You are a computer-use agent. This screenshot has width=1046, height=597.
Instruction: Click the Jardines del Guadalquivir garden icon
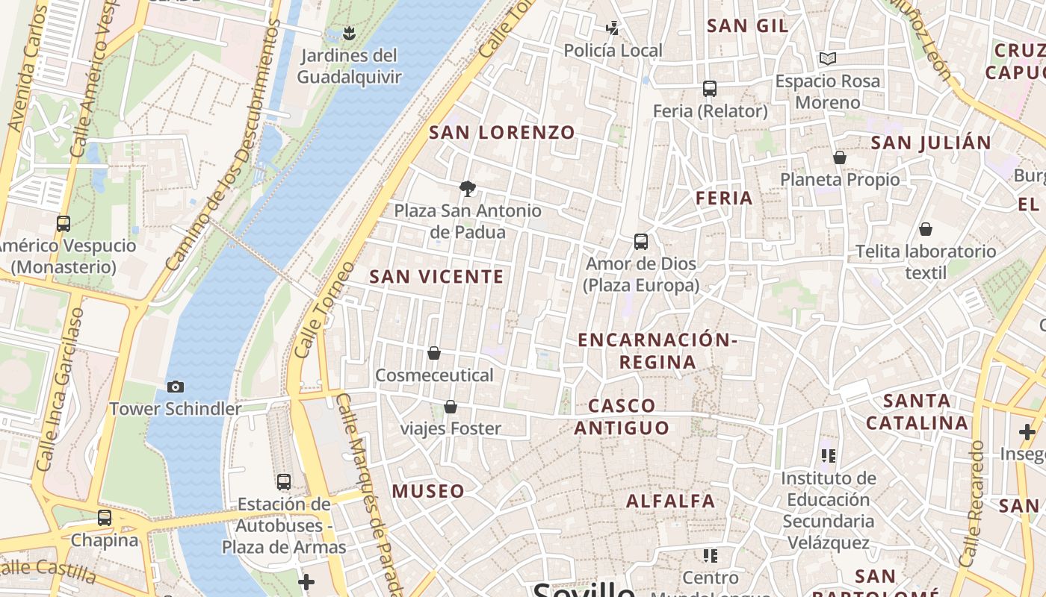point(348,33)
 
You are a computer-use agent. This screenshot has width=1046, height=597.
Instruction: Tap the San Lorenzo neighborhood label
point(502,133)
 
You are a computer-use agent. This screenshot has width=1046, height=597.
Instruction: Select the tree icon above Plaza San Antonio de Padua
point(468,188)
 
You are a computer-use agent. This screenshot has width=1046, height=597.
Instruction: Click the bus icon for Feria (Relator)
point(710,89)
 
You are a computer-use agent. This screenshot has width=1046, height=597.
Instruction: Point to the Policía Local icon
point(613,28)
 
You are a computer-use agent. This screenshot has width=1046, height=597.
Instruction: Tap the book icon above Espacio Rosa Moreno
point(827,58)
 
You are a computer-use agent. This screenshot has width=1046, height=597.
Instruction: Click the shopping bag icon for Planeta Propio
point(840,157)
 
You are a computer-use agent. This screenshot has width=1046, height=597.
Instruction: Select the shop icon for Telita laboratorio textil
point(926,229)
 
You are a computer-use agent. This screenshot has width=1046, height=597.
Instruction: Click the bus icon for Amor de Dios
point(641,242)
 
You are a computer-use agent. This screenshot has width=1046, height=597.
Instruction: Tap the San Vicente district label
point(437,277)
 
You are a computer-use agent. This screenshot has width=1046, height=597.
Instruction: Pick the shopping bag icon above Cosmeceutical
point(434,352)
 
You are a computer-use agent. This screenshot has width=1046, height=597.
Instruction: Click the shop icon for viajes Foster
point(451,407)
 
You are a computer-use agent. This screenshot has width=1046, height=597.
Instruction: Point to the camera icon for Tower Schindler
point(176,387)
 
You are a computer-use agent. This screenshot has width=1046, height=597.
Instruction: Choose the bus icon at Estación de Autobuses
point(284,482)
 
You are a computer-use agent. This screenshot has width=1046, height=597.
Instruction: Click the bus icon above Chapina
point(105,517)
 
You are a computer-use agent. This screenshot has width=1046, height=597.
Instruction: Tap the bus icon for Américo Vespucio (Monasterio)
point(64,223)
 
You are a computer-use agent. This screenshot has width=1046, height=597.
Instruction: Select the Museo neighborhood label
point(428,491)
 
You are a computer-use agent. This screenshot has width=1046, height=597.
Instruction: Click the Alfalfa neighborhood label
point(671,501)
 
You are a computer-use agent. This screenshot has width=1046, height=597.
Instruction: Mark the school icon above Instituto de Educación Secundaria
point(828,455)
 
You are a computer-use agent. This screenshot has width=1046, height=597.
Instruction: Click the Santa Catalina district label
point(917,412)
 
